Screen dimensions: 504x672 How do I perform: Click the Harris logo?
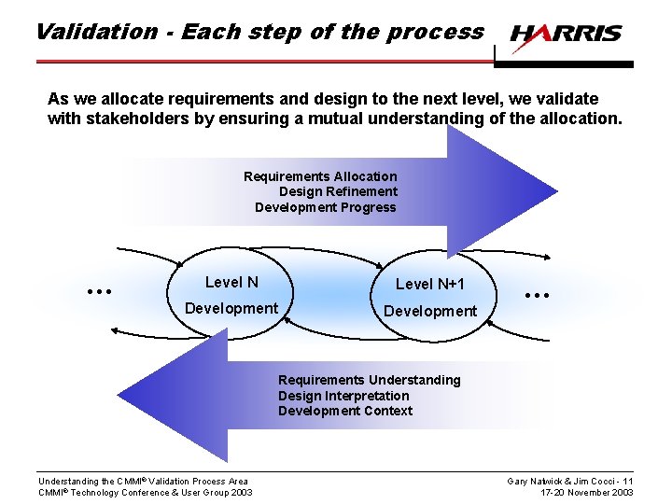click(x=566, y=35)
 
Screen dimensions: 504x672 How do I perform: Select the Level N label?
click(x=231, y=282)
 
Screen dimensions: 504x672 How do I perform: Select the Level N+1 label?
click(x=429, y=284)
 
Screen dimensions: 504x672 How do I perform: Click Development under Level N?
click(x=231, y=308)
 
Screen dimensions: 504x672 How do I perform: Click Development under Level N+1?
click(x=429, y=311)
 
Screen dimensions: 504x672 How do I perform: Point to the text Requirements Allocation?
click(x=320, y=176)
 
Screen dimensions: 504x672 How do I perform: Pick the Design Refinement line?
click(x=338, y=191)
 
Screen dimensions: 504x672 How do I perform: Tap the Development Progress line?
click(x=325, y=207)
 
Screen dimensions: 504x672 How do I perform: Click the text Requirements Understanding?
click(x=369, y=380)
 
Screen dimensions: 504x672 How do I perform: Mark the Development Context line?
click(x=344, y=411)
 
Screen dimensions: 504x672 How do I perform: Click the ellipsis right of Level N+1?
click(x=537, y=294)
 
